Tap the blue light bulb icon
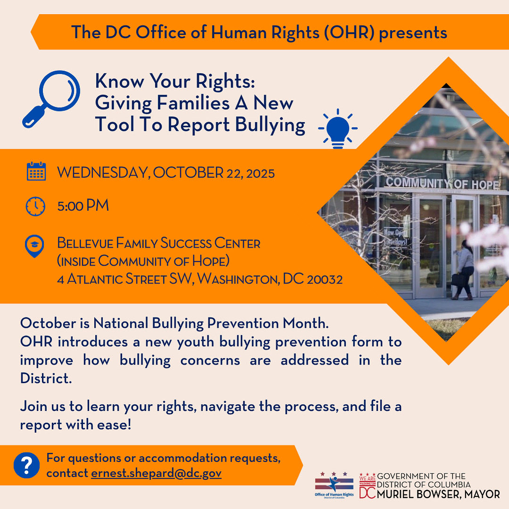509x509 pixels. pyautogui.click(x=338, y=128)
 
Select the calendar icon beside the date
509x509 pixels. pyautogui.click(x=36, y=172)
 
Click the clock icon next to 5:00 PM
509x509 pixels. pyautogui.click(x=36, y=207)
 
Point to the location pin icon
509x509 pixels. pyautogui.click(x=34, y=246)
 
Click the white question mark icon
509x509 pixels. pyautogui.click(x=27, y=465)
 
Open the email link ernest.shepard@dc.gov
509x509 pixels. pyautogui.click(x=156, y=473)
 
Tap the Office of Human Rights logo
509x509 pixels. pyautogui.click(x=334, y=484)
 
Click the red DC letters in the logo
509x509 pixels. pyautogui.click(x=367, y=492)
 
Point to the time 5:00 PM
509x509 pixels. pyautogui.click(x=83, y=206)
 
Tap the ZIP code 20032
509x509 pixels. pyautogui.click(x=325, y=279)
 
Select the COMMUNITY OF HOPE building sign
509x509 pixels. pyautogui.click(x=442, y=183)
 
